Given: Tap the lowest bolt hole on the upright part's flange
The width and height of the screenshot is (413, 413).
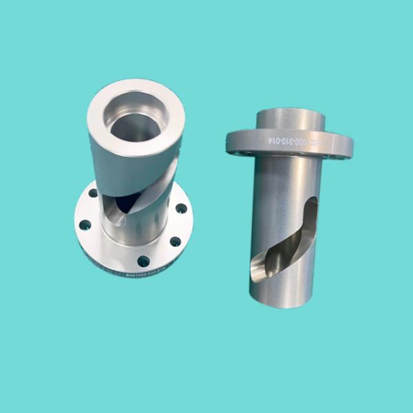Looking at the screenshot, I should point(144,260).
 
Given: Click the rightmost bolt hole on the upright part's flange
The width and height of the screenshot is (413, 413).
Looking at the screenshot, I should point(181,208).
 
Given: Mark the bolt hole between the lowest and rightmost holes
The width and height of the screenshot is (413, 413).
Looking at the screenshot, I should point(176,241).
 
